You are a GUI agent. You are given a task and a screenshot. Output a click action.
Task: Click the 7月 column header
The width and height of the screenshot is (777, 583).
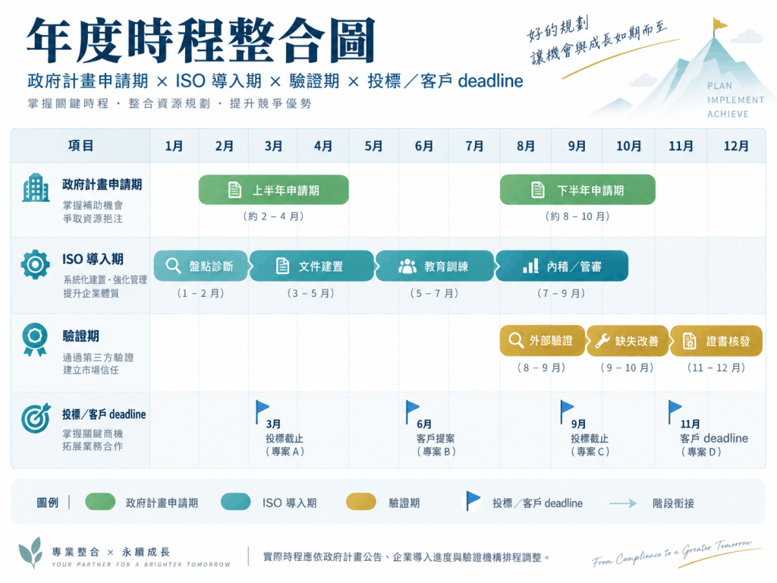(474, 147)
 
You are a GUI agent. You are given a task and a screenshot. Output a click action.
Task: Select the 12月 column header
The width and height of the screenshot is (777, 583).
(736, 147)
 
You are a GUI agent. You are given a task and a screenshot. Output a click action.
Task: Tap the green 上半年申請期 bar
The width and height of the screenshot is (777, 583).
(273, 190)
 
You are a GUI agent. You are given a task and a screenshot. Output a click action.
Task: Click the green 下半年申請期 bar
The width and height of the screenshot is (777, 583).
(577, 190)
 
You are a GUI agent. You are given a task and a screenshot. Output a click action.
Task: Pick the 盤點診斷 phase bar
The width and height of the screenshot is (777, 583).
(200, 266)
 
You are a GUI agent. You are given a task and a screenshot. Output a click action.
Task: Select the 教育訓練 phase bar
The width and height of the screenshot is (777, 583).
(435, 266)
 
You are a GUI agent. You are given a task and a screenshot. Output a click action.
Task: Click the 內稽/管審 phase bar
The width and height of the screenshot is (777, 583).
(562, 266)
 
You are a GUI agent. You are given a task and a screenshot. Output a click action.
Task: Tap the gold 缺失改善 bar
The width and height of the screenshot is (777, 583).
(628, 341)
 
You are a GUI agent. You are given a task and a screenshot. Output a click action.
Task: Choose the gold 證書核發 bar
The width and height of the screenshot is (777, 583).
(716, 341)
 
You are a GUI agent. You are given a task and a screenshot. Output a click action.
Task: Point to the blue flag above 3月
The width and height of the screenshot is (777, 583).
(262, 411)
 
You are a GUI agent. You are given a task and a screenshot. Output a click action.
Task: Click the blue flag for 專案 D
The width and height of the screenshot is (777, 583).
(674, 411)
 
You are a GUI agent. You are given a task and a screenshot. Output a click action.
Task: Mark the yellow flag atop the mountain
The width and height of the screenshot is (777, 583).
(719, 25)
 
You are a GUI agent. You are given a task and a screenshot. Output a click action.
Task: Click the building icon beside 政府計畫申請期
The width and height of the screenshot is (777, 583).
(36, 188)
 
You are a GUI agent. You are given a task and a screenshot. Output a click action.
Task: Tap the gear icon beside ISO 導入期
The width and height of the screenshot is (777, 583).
(35, 265)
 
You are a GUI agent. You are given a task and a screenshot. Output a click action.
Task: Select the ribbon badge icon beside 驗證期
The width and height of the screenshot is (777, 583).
(35, 339)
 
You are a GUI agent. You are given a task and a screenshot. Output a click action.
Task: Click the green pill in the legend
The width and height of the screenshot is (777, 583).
(100, 502)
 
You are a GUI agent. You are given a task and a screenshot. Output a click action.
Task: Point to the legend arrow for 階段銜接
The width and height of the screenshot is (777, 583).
(623, 504)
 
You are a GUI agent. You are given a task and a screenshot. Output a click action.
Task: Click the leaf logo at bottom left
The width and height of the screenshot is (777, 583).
(30, 553)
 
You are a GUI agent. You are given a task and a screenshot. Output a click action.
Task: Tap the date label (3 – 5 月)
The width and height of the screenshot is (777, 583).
(310, 294)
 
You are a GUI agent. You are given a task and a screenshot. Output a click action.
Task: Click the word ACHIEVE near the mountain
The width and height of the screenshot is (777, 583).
(728, 114)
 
